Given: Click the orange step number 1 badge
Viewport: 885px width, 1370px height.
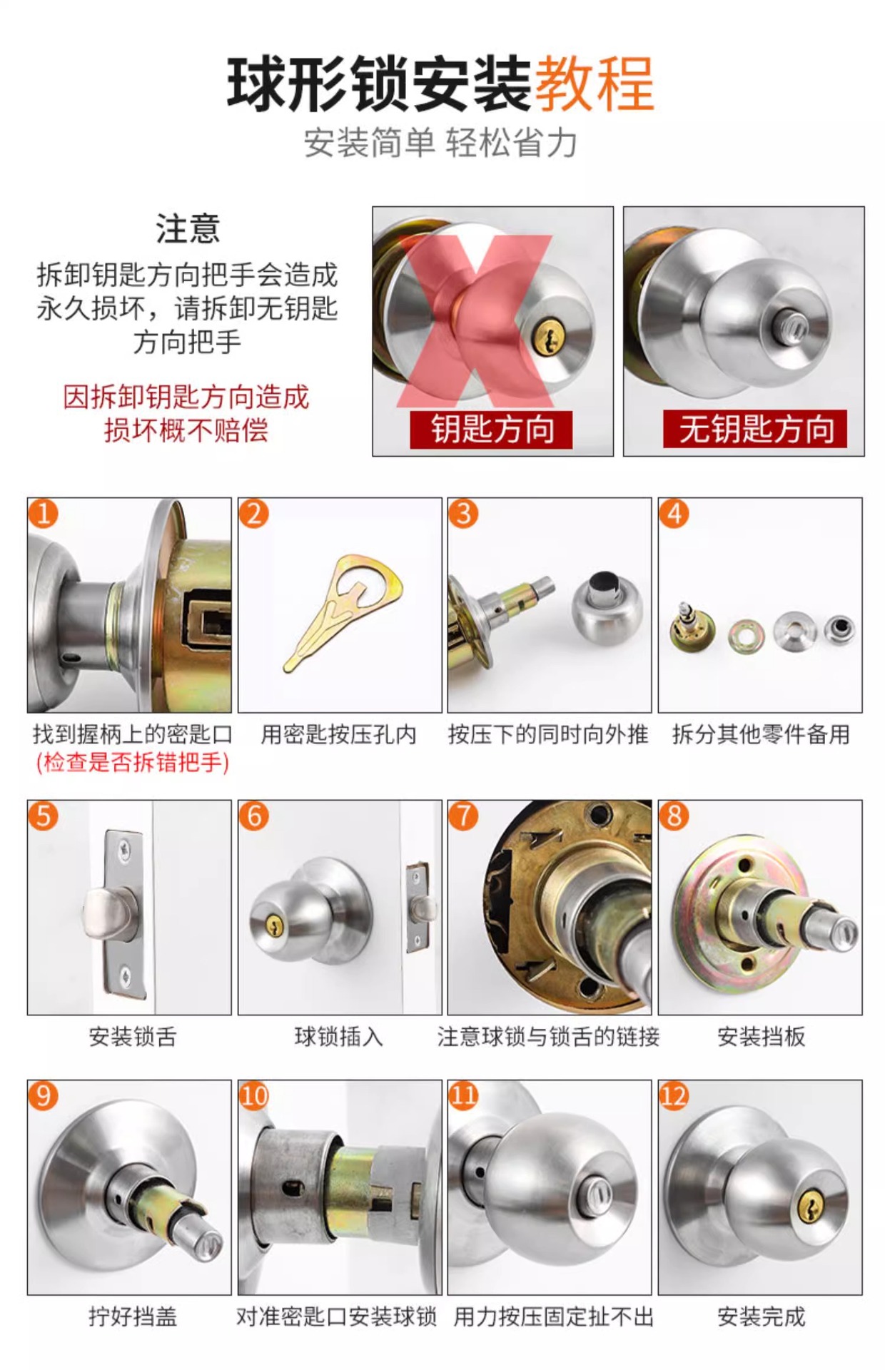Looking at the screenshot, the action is click(44, 514).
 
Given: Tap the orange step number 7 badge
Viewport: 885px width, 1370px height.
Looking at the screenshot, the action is click(463, 816).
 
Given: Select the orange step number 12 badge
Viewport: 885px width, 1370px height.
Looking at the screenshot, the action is click(674, 1096).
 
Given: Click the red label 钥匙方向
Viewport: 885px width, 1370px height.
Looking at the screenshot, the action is click(492, 430).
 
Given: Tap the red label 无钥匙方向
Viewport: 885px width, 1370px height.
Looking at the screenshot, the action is click(756, 430).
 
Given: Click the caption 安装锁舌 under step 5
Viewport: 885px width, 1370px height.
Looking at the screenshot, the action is click(132, 1037).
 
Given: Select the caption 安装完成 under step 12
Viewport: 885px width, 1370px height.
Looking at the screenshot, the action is click(761, 1316).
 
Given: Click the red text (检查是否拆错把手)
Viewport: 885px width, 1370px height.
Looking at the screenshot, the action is click(132, 763).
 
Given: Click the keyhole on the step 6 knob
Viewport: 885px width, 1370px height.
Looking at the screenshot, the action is click(272, 926).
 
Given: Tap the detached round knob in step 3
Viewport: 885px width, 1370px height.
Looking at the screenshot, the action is click(607, 605).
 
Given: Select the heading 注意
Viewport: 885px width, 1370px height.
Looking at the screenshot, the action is click(188, 229).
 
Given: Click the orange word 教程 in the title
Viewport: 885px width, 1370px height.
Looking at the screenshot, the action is click(594, 85).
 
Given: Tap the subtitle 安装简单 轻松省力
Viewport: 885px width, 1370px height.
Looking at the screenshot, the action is click(440, 143).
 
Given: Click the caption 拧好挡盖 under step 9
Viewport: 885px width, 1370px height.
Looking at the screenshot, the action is click(132, 1316).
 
